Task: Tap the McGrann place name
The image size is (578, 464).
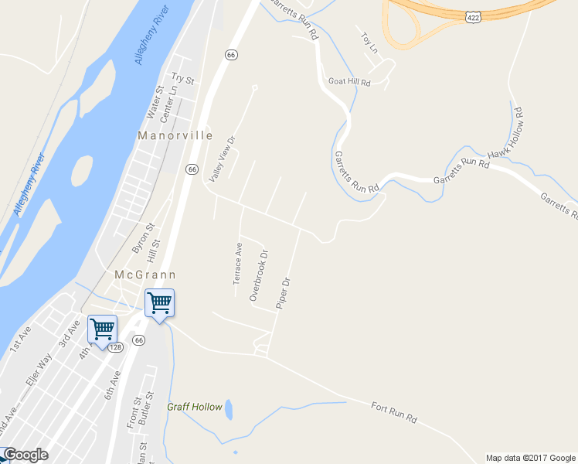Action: tap(145, 275)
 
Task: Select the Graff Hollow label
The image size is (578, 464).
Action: tap(195, 407)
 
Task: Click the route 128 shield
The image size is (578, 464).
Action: tap(115, 349)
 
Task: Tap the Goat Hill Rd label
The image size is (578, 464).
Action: tap(349, 82)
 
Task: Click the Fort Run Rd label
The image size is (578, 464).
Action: tap(394, 412)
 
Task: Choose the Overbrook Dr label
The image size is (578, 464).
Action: tap(259, 275)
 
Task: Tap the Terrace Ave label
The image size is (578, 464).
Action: tap(239, 263)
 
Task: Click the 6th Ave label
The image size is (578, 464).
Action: tap(114, 384)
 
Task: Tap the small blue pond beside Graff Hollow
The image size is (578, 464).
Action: tap(229, 410)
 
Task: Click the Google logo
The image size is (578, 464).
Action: tap(25, 455)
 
